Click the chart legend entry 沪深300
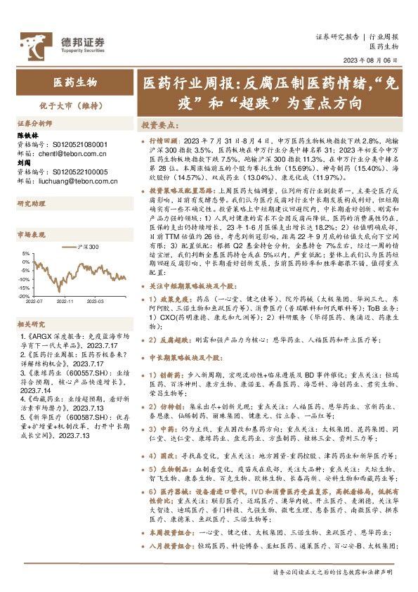(88, 247)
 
